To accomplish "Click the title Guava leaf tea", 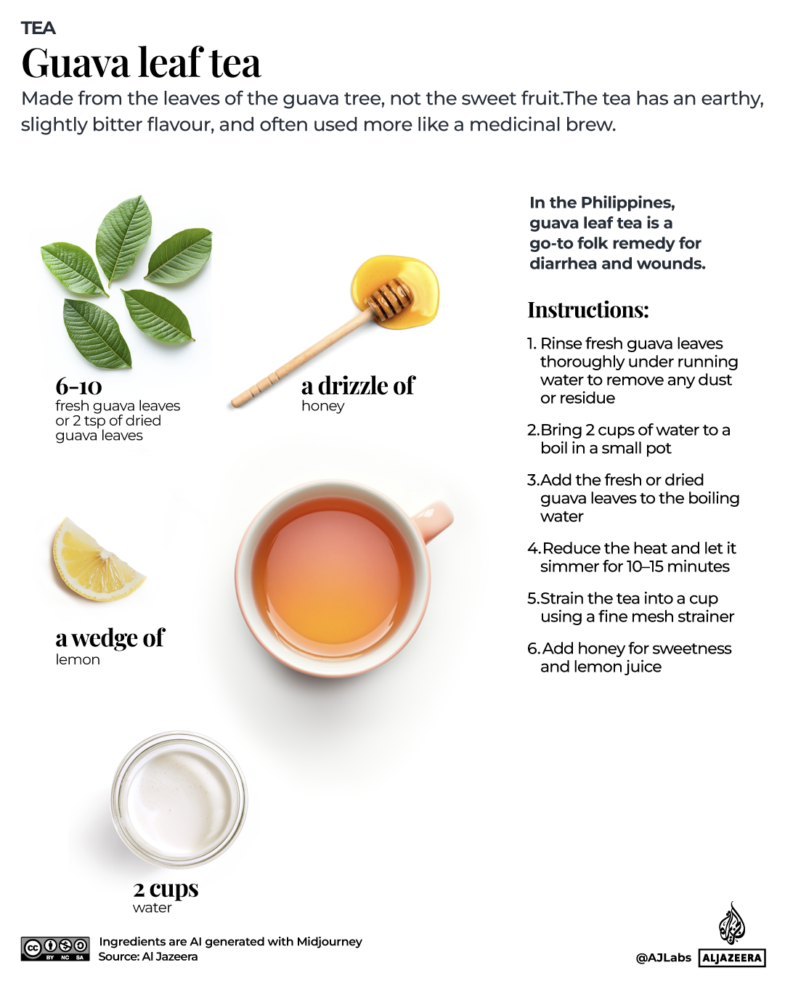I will point(141,63).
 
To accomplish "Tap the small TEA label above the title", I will point(38,28).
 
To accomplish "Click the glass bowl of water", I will point(179,799).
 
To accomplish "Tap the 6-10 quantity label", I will point(78,386).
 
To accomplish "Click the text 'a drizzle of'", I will point(358,386).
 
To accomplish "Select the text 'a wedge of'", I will point(110,638).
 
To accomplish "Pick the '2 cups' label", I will point(166,888).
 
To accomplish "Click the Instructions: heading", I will point(587,310).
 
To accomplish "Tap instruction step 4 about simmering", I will point(631,557).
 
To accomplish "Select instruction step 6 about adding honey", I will point(629,657).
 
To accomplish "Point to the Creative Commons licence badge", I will point(55,948).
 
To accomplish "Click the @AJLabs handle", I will point(663,958).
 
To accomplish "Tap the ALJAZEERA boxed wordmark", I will point(732,958).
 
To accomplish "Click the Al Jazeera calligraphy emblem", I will point(731,924).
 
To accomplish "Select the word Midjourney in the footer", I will point(328,942).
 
